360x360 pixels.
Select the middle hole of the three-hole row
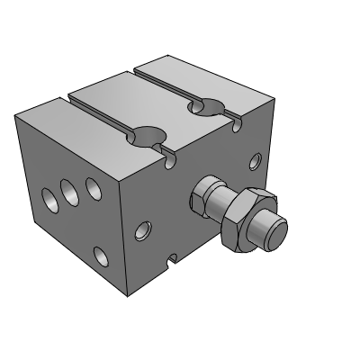point(68,190)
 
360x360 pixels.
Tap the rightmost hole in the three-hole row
point(92,186)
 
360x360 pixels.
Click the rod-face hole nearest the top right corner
point(256,162)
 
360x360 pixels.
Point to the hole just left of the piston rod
point(142,231)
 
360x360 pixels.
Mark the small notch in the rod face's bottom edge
point(171,262)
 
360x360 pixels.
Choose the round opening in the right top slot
point(206,108)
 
